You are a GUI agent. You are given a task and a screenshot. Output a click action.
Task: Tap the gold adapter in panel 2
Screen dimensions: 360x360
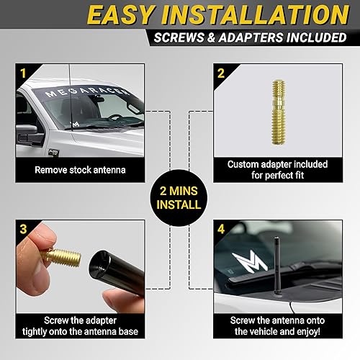pyautogui.click(x=277, y=113)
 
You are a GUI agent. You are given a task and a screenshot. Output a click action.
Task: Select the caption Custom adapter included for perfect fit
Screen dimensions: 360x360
pyautogui.click(x=277, y=171)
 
